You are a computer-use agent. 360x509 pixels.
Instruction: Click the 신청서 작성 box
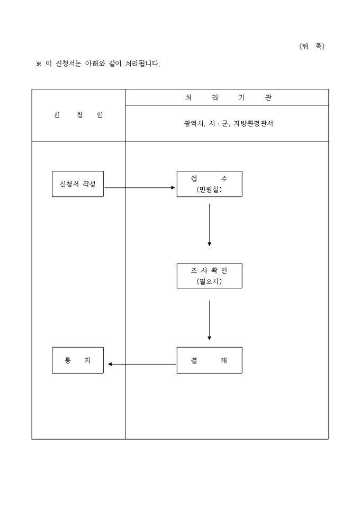click(x=78, y=184)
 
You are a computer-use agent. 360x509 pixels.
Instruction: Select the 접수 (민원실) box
click(x=209, y=184)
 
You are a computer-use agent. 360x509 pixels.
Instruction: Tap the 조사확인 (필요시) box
click(x=209, y=276)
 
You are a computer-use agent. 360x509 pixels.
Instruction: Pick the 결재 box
click(x=209, y=360)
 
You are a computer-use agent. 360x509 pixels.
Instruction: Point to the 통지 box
click(x=78, y=360)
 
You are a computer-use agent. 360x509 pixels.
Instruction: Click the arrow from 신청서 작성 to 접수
click(x=140, y=187)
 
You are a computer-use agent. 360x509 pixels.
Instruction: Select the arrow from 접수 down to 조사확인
click(x=210, y=224)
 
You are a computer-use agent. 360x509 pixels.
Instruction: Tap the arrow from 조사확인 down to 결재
click(x=210, y=320)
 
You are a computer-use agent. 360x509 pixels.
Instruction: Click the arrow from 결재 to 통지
click(x=141, y=364)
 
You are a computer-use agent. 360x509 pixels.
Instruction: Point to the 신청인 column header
click(x=78, y=115)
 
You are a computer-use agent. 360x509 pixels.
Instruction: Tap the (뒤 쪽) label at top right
click(x=311, y=46)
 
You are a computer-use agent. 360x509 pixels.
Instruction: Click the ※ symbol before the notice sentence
click(x=38, y=64)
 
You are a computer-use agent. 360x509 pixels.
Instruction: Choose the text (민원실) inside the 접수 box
click(x=209, y=189)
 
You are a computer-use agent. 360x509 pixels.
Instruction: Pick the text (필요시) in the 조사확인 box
click(x=209, y=281)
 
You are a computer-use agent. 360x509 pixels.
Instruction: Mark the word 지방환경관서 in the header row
click(x=253, y=123)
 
